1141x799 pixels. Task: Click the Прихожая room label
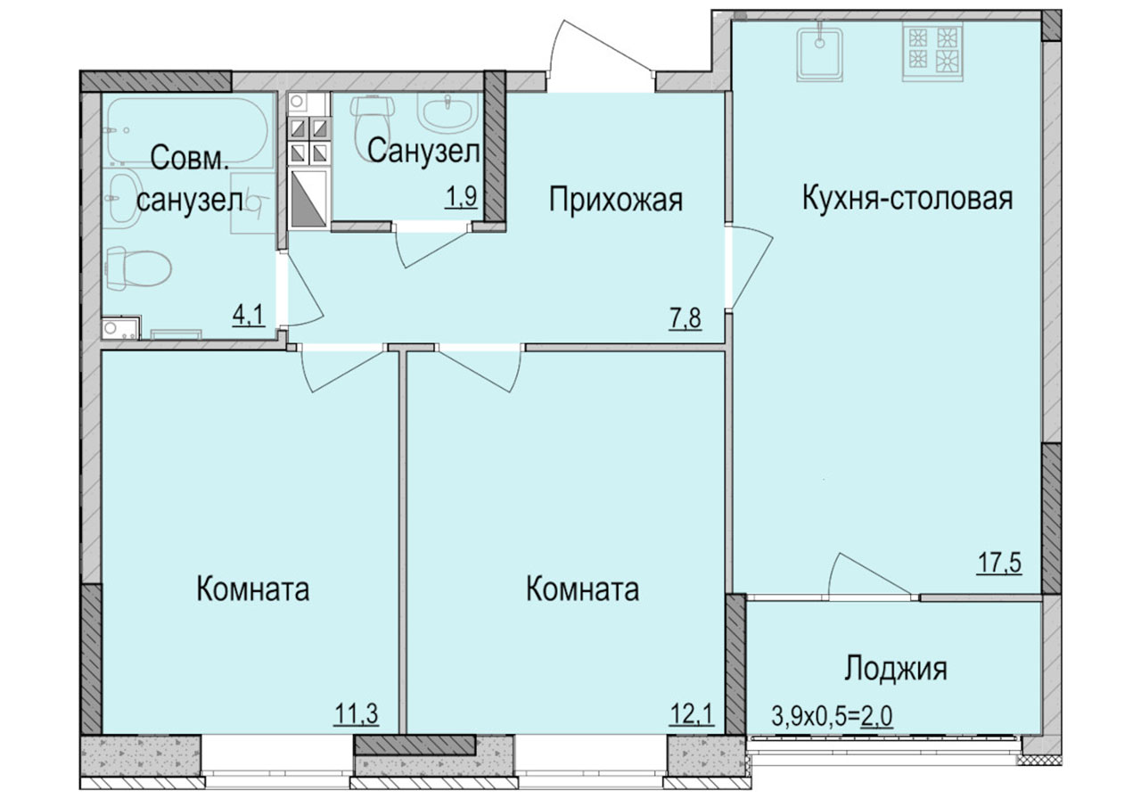point(615,200)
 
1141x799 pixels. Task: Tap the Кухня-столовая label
point(907,198)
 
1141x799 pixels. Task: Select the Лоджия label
point(896,668)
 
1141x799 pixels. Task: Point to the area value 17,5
point(999,564)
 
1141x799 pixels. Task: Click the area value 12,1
point(691,714)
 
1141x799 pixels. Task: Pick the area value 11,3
point(357,713)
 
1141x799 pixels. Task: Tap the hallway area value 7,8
point(685,319)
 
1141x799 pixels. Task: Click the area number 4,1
point(249,316)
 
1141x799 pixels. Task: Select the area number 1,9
point(461,198)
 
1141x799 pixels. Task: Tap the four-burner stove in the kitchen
point(932,52)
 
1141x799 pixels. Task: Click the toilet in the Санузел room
point(373,119)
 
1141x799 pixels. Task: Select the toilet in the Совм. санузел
point(137,268)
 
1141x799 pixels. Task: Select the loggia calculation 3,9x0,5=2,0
point(832,716)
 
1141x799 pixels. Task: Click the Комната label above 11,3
point(252,589)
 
